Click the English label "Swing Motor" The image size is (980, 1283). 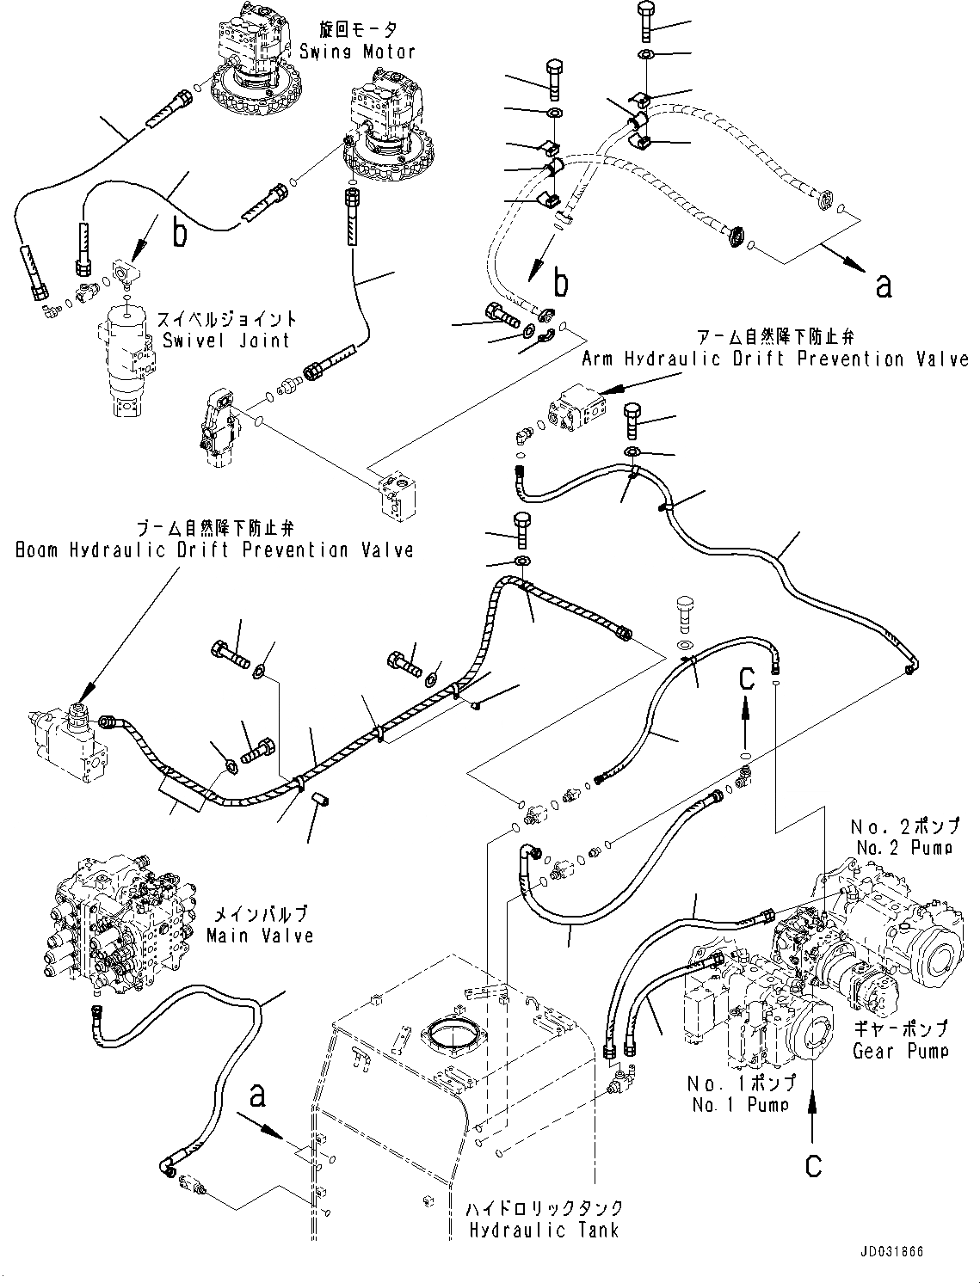coord(357,52)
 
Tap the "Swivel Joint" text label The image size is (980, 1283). coord(226,341)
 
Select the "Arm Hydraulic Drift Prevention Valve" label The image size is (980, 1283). coord(775,359)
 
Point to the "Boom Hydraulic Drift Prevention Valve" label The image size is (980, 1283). coord(214,550)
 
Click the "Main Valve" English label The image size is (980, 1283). coord(259,935)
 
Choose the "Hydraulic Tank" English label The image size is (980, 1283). coord(544,1231)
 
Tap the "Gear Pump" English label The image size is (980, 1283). coord(900,1051)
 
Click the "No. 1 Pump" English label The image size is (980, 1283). coord(740,1105)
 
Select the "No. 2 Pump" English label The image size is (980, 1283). coord(905,848)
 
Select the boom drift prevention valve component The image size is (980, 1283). coord(69,740)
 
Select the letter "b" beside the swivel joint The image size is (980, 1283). coord(180,232)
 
